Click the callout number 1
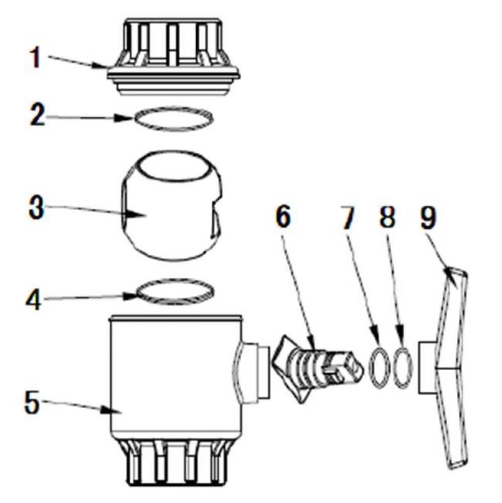(34, 58)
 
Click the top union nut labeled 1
(173, 55)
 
